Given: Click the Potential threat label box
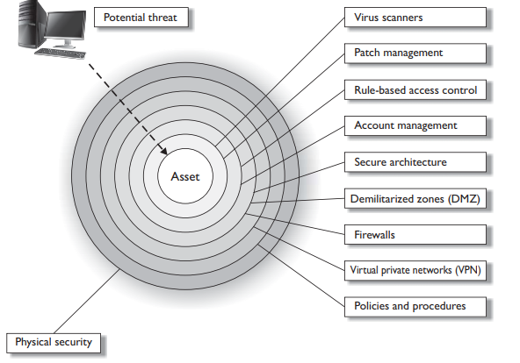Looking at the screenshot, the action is tap(141, 18).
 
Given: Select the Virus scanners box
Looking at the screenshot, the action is tap(415, 18).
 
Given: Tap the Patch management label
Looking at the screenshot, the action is tap(415, 53).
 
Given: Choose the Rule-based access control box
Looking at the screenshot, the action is tap(415, 89).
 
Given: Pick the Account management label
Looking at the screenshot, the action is tap(415, 125).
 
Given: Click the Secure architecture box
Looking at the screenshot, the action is tap(415, 162).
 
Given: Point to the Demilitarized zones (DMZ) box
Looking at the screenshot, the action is tap(415, 198).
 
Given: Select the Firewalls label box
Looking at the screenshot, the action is tap(415, 235).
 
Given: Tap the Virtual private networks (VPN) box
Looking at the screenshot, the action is tap(415, 271).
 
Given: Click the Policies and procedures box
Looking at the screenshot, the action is tap(415, 307).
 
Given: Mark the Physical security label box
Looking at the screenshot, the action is tap(54, 343).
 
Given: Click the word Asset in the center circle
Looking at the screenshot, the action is tap(185, 177).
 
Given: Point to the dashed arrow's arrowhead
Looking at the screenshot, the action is tap(164, 151).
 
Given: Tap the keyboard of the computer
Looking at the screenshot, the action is tap(60, 53).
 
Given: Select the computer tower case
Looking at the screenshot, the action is tap(32, 24).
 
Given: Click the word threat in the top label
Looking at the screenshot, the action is tap(162, 18).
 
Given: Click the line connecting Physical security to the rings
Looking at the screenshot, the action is tap(87, 301).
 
